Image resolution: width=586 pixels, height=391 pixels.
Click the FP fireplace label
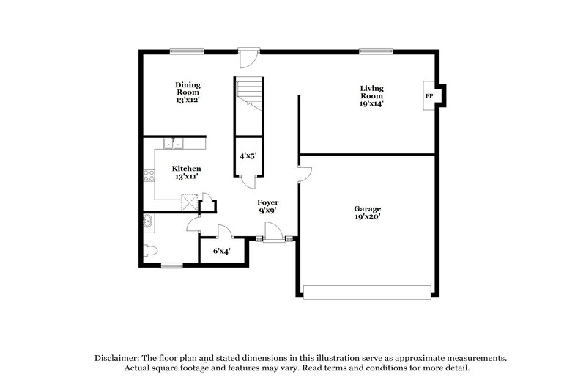click(x=429, y=97)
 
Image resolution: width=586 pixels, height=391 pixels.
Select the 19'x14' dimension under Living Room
click(x=371, y=103)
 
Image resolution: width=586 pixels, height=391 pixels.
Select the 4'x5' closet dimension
click(x=248, y=156)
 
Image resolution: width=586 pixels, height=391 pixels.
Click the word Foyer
click(x=267, y=202)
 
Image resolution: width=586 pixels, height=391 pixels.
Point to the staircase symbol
click(x=248, y=94)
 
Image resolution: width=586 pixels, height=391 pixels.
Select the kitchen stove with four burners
click(x=149, y=175)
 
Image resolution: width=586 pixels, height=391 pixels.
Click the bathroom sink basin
click(x=146, y=220)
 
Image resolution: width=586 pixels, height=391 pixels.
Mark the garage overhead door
click(x=371, y=293)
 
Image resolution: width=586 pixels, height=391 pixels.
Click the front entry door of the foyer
click(x=274, y=236)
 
